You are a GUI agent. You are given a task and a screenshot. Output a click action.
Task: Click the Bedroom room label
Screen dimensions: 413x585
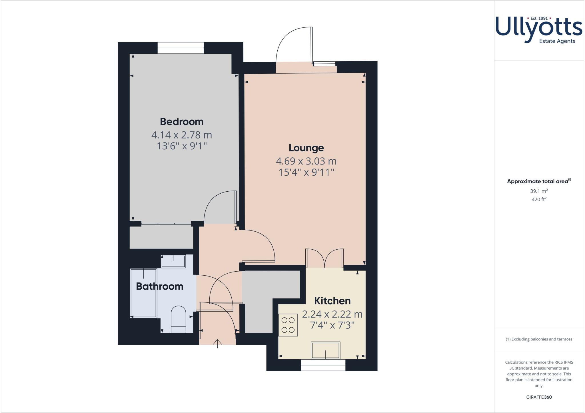coord(181,121)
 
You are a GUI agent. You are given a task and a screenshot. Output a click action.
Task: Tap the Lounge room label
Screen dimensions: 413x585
coord(306,148)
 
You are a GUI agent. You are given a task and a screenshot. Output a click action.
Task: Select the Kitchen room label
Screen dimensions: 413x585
coord(332,301)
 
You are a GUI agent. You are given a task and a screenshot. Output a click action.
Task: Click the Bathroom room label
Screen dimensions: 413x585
coord(159,286)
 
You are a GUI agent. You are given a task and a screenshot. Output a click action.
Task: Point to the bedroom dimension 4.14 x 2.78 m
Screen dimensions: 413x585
coord(181,135)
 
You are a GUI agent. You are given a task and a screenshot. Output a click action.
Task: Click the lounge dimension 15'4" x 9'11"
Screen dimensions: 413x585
coord(306,173)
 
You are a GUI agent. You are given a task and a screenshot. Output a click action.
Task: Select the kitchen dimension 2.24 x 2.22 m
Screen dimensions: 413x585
coord(332,314)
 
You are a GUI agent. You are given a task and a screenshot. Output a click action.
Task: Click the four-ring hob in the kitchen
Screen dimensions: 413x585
coord(288,325)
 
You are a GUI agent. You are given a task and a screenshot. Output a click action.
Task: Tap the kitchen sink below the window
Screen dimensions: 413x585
coord(326,350)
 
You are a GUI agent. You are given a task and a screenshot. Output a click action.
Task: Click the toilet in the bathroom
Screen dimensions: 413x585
coord(178,319)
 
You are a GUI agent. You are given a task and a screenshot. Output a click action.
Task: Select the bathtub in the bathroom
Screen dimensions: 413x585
coord(143,293)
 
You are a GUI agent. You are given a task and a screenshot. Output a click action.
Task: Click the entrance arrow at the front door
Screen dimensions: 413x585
coord(218,343)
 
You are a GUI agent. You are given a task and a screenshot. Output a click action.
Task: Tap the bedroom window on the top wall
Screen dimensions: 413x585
coord(181,48)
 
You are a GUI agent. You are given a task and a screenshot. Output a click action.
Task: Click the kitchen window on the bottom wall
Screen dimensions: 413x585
coord(323,365)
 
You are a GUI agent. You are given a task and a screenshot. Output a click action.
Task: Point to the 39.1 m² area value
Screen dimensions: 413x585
coord(539,191)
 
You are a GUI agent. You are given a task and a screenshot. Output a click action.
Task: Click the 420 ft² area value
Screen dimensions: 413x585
coord(539,199)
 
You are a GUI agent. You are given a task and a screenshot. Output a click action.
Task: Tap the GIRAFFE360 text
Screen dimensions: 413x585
coord(539,397)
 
